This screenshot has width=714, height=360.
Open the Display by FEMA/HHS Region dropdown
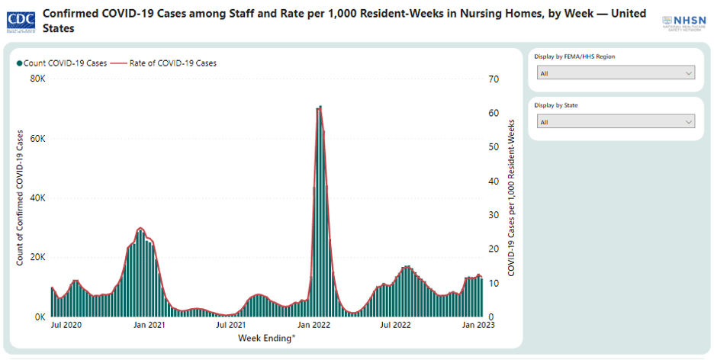616,73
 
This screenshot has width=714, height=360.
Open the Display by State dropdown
616,122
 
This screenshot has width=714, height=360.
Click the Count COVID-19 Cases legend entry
64,63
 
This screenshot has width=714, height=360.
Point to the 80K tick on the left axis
38,79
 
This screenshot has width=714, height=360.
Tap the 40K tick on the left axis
38,198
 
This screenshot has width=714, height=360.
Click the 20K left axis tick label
38,257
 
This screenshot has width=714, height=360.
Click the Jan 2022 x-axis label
312,326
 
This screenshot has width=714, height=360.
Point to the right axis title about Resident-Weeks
511,198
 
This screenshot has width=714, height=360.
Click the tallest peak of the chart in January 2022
320,107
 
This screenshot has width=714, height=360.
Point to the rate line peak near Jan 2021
140,228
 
